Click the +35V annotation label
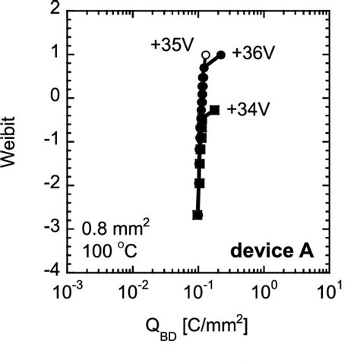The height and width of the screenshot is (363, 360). click(x=172, y=44)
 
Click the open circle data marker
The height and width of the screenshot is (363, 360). click(x=205, y=55)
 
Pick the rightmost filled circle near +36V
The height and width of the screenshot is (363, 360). click(x=221, y=55)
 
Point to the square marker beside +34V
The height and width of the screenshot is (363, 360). click(x=215, y=110)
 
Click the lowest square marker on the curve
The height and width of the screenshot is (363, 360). click(x=197, y=215)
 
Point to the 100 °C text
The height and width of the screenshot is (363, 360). click(x=106, y=251)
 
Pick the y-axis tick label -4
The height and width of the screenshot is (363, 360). click(x=52, y=272)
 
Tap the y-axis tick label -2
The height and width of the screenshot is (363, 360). click(x=52, y=185)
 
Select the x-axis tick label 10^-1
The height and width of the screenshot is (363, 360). click(x=198, y=289)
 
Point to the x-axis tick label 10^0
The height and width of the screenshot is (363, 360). click(x=264, y=289)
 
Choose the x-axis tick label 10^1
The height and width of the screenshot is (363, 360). click(x=328, y=289)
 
